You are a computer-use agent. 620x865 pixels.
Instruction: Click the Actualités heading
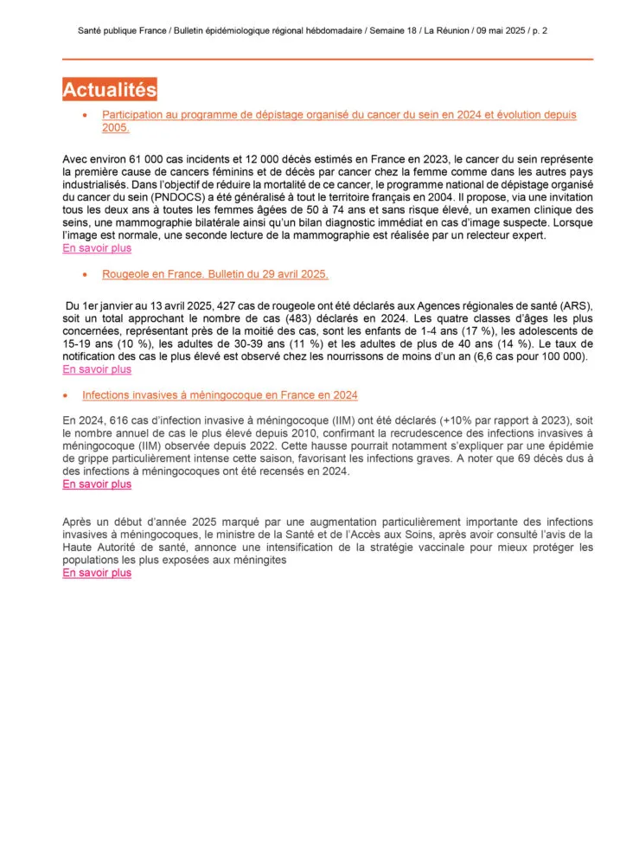coord(110,90)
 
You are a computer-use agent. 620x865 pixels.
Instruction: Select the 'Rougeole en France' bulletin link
coord(214,274)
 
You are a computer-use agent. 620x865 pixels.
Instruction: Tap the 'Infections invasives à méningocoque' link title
coord(220,395)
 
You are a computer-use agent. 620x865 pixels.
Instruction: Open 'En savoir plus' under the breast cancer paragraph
coord(97,248)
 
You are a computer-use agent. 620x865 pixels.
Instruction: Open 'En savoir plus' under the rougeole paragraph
coord(97,369)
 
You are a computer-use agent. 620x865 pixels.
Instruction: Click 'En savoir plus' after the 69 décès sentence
coord(97,484)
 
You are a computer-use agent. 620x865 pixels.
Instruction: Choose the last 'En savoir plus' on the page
coord(97,573)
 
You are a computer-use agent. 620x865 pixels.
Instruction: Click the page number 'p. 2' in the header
coord(539,30)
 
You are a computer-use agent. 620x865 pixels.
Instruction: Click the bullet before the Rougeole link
coord(85,274)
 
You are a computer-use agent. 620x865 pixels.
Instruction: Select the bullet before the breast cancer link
coord(85,115)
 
